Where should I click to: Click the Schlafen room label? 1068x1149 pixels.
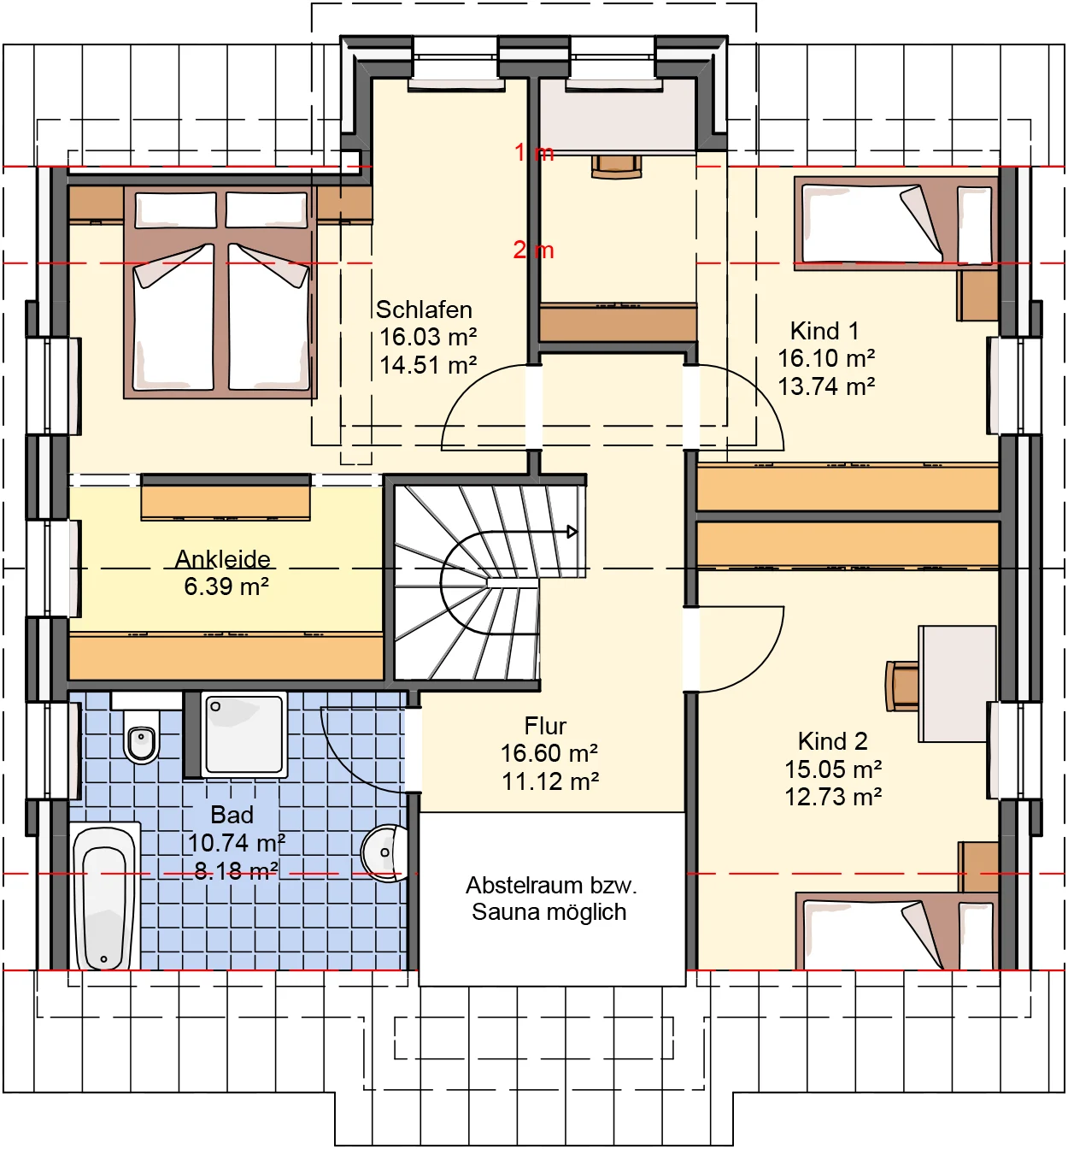coord(424,309)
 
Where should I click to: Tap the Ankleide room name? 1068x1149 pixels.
coord(223,559)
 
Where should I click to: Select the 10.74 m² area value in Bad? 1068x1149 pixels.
coord(236,843)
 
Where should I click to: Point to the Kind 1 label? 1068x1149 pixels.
coord(824,331)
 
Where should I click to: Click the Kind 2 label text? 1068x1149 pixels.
coord(832,741)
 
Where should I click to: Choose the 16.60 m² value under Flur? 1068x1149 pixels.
coord(549,753)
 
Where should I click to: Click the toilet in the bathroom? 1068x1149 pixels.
coord(142,739)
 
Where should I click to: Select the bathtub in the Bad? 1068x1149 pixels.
coord(105,898)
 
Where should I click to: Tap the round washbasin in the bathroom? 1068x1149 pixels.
coord(384,852)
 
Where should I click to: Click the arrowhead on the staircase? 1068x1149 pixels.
coord(572,532)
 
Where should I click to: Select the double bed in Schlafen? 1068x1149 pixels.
coord(220,295)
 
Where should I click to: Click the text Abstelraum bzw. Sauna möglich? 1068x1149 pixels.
coord(551,899)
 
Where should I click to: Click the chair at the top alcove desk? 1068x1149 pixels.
coord(616,166)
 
